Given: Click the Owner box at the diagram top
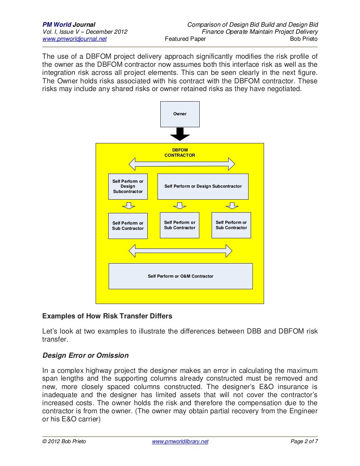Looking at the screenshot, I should [180, 114].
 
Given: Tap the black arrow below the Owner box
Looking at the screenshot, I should [180, 134].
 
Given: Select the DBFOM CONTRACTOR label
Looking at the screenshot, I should [180, 153].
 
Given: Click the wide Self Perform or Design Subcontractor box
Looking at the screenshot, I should [203, 187].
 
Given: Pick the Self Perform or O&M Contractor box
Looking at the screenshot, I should [180, 276].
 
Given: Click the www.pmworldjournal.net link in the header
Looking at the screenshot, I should [74, 39].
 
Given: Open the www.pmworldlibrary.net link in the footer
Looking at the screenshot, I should [180, 441].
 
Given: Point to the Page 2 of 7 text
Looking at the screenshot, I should [304, 441].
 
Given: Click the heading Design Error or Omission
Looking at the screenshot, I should [85, 355].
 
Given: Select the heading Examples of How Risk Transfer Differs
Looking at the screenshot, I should [107, 316].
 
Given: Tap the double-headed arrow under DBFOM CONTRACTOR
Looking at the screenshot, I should [182, 164].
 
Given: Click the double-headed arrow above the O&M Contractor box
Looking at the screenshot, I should [180, 251].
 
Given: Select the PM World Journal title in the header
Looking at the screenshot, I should [69, 25].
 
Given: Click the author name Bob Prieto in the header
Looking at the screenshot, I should [303, 39].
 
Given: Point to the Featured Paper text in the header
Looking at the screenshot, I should [185, 39].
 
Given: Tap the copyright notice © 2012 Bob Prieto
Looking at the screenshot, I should [64, 441].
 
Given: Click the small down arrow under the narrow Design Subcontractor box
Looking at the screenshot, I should [129, 206].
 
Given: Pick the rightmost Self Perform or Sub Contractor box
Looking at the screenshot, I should [231, 225].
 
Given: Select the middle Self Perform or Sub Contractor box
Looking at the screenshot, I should [180, 225].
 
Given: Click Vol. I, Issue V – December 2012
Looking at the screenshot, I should [85, 32].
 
